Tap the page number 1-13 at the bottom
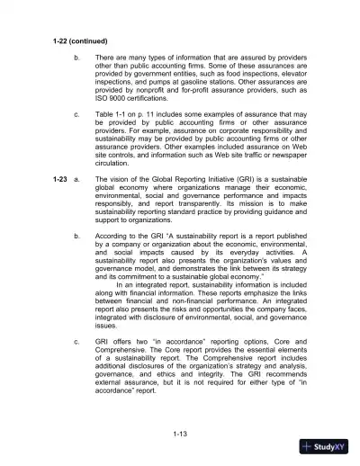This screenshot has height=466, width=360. click(x=180, y=435)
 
